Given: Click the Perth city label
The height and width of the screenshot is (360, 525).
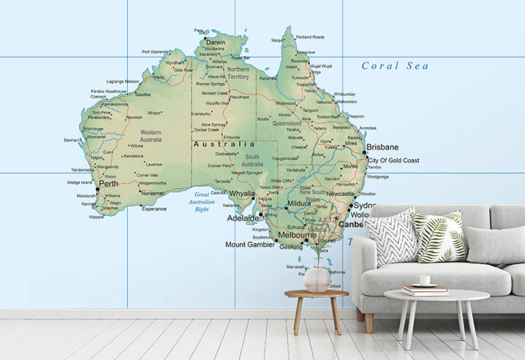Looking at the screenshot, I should [109, 184].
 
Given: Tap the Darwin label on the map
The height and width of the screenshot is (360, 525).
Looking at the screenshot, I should [216, 42].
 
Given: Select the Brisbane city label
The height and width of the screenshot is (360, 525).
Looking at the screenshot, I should [383, 147].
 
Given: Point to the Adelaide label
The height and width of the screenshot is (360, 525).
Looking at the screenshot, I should [243, 218].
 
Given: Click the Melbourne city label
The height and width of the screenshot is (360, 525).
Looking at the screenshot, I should [297, 235].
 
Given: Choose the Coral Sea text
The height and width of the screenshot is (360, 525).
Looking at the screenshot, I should [395, 66].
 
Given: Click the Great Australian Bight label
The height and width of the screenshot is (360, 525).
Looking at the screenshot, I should [202, 202].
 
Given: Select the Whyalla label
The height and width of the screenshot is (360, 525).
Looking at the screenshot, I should [241, 193].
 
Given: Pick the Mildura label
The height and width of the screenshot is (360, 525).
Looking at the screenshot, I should [299, 204].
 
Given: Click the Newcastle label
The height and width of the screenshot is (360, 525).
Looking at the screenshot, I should [340, 194].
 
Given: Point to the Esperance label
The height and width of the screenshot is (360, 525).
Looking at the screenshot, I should [154, 209].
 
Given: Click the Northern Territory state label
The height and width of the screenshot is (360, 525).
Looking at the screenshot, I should [238, 73].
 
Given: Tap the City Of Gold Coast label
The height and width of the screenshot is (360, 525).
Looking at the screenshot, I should [393, 161].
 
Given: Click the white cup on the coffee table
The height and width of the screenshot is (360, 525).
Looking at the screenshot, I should [425, 280].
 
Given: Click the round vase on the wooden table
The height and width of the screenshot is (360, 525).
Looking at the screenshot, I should [316, 279].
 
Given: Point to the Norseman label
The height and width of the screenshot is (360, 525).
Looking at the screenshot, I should [152, 193].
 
